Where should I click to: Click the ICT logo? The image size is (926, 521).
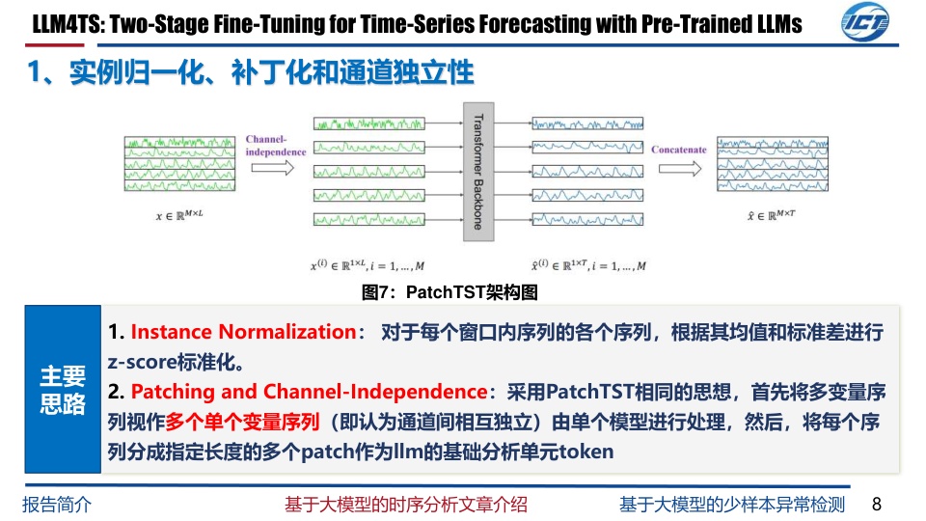(865, 22)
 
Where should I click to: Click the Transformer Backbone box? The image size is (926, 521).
(478, 172)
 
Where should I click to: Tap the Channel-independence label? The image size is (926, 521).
(276, 146)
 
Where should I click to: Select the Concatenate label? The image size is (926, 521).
(678, 150)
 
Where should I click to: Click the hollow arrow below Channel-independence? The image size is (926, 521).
(272, 168)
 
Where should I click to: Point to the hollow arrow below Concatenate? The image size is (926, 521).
(680, 169)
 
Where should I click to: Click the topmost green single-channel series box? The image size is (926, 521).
(369, 123)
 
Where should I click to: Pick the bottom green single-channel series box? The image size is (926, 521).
(369, 220)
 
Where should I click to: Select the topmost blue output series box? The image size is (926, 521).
(587, 123)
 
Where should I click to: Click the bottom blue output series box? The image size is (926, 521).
(587, 220)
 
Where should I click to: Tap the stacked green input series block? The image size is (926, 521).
(179, 164)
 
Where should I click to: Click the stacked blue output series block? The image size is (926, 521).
(773, 164)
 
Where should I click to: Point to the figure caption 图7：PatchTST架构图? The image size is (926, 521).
(449, 291)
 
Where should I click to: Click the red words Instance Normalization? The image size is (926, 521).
(243, 332)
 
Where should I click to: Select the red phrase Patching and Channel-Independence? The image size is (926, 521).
(309, 392)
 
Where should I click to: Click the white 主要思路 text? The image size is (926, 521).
(63, 390)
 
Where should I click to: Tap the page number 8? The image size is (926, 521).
(877, 504)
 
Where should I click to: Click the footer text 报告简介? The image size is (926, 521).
(57, 505)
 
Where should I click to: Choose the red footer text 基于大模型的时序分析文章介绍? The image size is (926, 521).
(406, 505)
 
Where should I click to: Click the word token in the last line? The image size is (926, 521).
(586, 452)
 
